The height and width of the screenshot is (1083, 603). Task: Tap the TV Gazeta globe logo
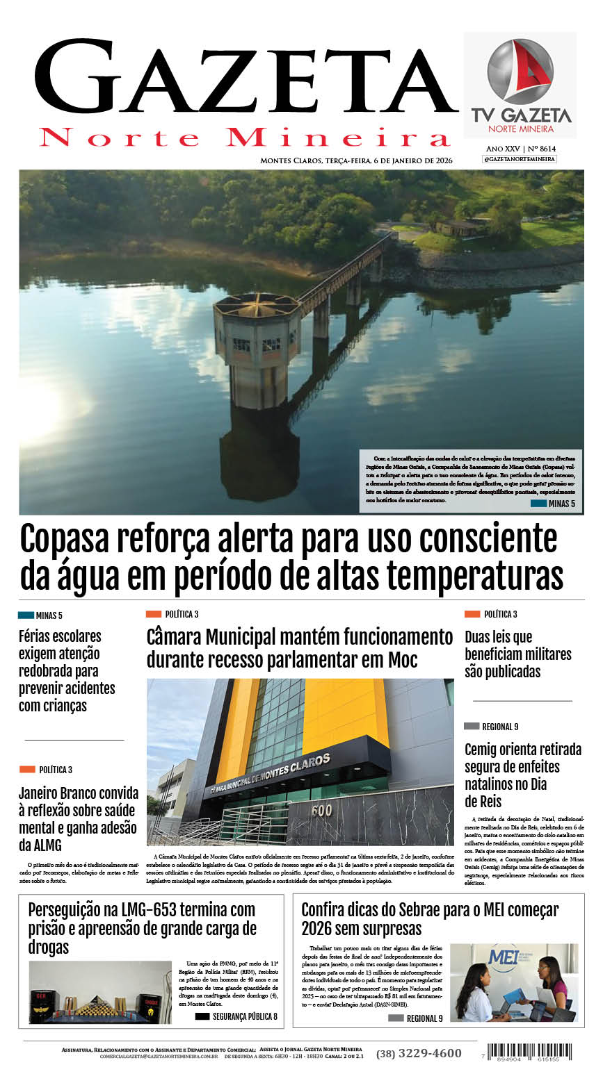(520, 72)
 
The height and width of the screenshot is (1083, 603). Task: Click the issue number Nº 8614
(542, 149)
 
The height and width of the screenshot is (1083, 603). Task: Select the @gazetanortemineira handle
(520, 159)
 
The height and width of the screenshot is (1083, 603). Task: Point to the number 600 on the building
(321, 811)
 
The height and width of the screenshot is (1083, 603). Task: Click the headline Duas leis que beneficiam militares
(517, 654)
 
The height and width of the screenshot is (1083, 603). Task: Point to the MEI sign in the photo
(504, 957)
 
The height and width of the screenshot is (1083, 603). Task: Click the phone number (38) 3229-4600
(419, 1053)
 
